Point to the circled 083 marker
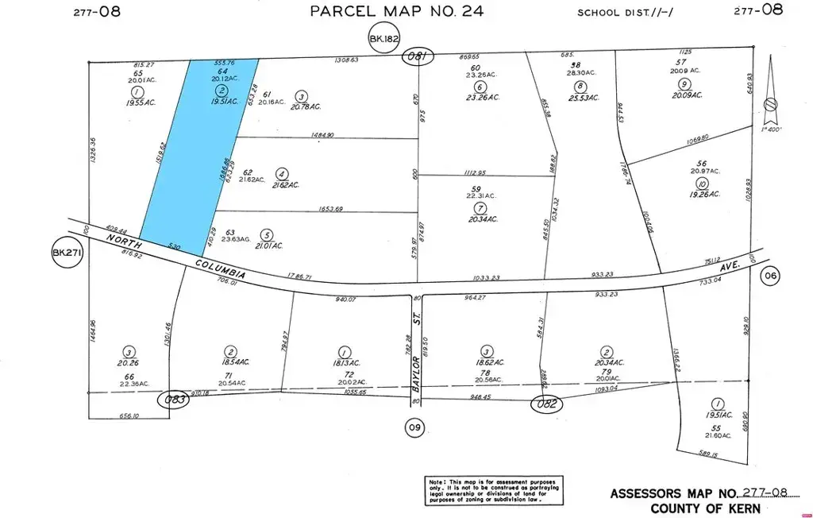coord(175,399)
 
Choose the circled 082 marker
coord(548,404)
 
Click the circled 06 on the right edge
coord(769,276)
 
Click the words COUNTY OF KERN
coord(705,508)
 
